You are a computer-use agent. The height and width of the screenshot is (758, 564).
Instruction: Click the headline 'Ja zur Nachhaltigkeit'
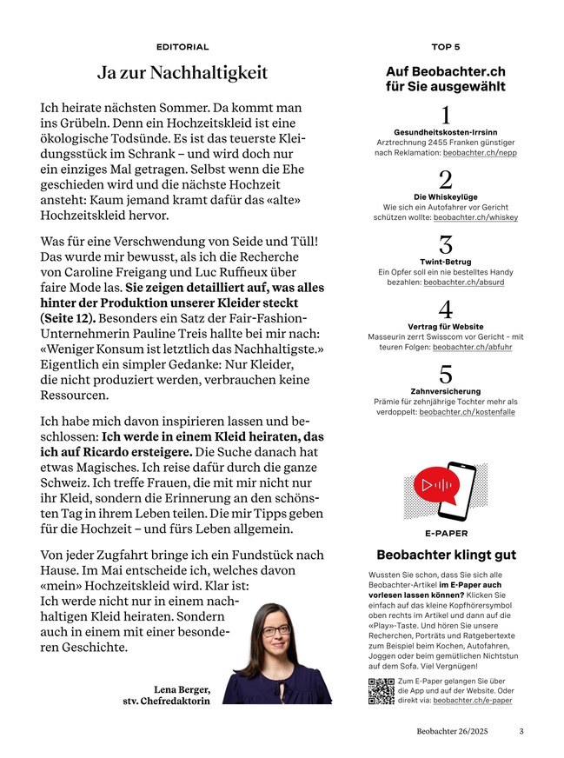pyautogui.click(x=182, y=73)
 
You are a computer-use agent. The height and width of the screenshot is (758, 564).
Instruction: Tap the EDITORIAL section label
pyautogui.click(x=182, y=46)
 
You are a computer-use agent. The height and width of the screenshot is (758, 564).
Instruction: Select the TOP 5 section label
pyautogui.click(x=446, y=46)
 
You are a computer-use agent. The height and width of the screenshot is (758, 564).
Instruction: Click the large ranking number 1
pyautogui.click(x=446, y=115)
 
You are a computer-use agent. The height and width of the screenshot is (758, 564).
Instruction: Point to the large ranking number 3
pyautogui.click(x=446, y=245)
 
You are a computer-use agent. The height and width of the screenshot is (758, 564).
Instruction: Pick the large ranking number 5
pyautogui.click(x=446, y=375)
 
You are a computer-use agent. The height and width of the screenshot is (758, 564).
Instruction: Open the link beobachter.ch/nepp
pyautogui.click(x=480, y=152)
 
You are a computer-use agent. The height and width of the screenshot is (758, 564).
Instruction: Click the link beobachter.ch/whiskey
pyautogui.click(x=475, y=217)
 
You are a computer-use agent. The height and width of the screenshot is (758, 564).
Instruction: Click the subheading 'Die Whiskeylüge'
pyautogui.click(x=446, y=197)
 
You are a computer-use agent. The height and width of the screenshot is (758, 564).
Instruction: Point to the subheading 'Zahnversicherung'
pyautogui.click(x=446, y=391)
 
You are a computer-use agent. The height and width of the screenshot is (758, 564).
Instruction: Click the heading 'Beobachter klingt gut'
pyautogui.click(x=446, y=555)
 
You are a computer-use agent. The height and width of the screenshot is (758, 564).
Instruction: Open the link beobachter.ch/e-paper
pyautogui.click(x=473, y=700)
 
